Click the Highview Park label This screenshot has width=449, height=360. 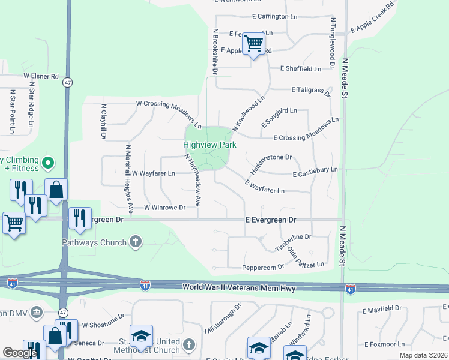(209, 145)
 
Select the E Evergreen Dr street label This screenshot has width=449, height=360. (271, 220)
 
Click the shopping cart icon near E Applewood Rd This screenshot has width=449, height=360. (254, 44)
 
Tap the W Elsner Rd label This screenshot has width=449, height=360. (41, 77)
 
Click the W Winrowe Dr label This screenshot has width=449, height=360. (164, 207)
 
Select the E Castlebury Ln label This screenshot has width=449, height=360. (315, 172)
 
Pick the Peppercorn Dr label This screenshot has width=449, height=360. (263, 267)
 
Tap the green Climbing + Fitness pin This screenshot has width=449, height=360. (49, 163)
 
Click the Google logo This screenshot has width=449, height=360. (20, 353)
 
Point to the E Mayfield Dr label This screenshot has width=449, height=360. (382, 308)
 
